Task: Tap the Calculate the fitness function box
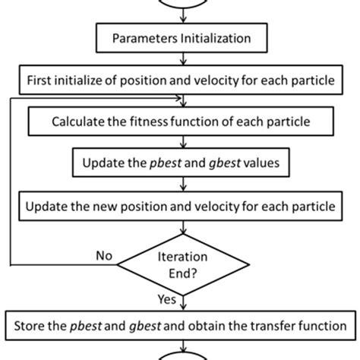(180, 121)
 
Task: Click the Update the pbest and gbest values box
(180, 163)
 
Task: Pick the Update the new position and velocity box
(180, 205)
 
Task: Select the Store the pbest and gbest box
(180, 327)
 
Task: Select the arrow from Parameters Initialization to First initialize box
(180, 58)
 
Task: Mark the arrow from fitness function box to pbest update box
(180, 141)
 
